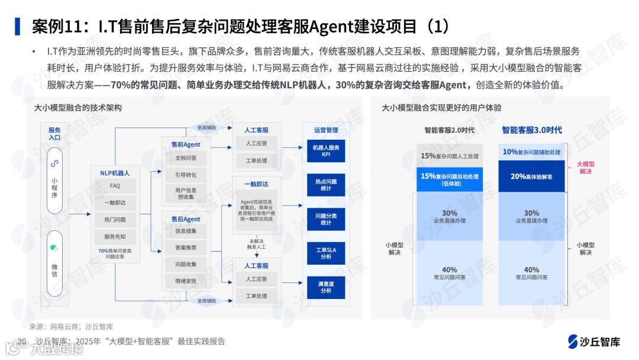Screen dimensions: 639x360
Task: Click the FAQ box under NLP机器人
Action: pos(115,186)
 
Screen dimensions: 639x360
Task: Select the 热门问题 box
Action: pos(115,220)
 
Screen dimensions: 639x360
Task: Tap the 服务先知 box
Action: pos(115,237)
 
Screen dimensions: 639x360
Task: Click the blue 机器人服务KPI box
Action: pos(325,151)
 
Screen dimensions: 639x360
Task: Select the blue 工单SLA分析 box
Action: pos(325,253)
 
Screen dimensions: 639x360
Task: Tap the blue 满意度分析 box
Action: pos(325,287)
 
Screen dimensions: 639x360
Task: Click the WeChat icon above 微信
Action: pos(54,248)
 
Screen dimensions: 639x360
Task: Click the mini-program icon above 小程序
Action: pos(54,163)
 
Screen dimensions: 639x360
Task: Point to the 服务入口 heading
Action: pos(54,134)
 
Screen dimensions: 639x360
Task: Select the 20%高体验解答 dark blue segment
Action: pos(531,176)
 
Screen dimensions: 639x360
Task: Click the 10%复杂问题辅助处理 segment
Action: pos(531,152)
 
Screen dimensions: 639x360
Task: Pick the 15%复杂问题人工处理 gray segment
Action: pos(450,156)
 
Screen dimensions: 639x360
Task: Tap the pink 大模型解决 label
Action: pos(586,167)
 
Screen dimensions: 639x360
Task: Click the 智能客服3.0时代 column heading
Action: pos(532,130)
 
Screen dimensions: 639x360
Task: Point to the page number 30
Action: pos(22,342)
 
